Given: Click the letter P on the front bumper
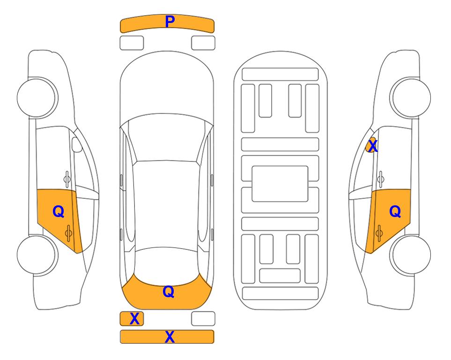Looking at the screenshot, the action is coord(170,22).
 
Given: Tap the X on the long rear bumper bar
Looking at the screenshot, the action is coord(170,337).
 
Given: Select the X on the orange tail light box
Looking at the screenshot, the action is coord(134,319).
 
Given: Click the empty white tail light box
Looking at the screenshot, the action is coord(203,319).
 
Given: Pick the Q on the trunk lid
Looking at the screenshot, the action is coord(168,292).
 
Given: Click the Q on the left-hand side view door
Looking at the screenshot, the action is coord(59,212).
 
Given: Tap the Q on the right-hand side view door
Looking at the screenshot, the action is coord(395,212).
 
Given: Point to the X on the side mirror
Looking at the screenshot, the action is coord(373,146).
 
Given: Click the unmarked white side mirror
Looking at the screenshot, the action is coord(77,144).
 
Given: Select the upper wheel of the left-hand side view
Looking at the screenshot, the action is coord(37,97).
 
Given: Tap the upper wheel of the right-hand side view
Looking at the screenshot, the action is coord(410,97).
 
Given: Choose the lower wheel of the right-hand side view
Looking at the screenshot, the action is coord(411,255).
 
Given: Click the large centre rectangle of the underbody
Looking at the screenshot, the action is coord(280,184).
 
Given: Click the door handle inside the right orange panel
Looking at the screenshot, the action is coord(379,233).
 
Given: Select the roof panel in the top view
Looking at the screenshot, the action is coord(166,204).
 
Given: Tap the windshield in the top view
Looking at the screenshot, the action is coord(167,138).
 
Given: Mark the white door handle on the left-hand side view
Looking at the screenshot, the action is coord(67,179).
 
